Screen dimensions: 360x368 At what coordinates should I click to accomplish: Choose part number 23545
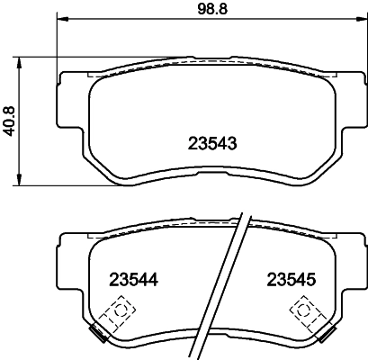pos(285,280)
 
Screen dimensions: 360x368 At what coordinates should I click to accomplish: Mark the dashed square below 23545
pos(305,312)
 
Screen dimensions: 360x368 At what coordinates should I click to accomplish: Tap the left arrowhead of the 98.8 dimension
pos(61,20)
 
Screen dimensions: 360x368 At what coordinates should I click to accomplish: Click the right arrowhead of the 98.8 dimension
pos(357,20)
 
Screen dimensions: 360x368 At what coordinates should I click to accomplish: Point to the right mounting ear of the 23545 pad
pos(353,247)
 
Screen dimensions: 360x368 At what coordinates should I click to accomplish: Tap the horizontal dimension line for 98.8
pos(135,20)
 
